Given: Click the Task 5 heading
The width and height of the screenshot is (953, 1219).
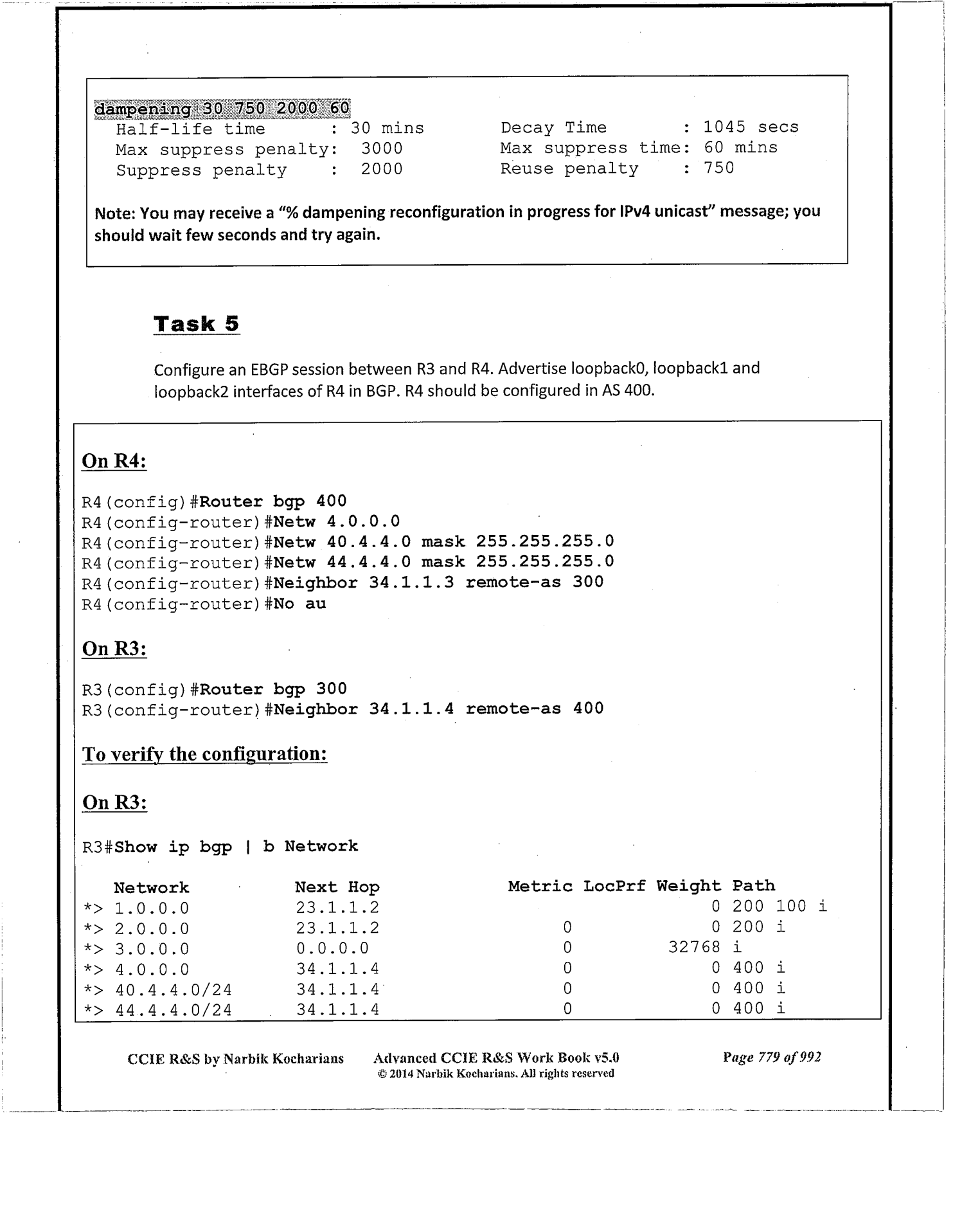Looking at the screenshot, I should pos(196,323).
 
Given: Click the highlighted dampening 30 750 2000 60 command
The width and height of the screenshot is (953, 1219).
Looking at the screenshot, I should pos(222,108).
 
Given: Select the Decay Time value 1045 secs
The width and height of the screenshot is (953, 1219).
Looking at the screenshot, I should pos(751,127).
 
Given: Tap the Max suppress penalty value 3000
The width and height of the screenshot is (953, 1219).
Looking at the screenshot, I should pos(382,149).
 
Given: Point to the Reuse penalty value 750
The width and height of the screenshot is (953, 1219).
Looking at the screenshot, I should pos(718,168).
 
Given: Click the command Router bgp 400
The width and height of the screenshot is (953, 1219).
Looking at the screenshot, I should pos(273,501).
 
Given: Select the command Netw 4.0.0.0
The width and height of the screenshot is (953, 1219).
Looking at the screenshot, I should pos(337,521).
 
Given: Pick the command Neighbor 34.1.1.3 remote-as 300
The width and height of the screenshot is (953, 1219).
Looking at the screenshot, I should pos(438,582).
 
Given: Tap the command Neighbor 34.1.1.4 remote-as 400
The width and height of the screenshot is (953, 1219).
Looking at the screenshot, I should pos(438,709).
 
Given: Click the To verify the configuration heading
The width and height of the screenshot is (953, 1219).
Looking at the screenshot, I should pos(204,754).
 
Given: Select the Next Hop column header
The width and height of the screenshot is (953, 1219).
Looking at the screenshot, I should pos(337,887).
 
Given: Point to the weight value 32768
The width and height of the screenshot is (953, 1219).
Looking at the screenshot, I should pos(694,948).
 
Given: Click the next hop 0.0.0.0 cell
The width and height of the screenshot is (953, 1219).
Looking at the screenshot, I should pos(332,948).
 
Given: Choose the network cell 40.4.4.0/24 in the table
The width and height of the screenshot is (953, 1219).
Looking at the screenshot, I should pos(174,989).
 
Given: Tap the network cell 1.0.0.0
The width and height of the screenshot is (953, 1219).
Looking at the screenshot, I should pos(152,908).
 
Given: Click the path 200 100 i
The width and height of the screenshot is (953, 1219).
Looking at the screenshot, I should pos(779,907).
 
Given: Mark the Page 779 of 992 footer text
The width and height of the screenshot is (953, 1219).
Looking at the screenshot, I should pos(771,1058).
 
